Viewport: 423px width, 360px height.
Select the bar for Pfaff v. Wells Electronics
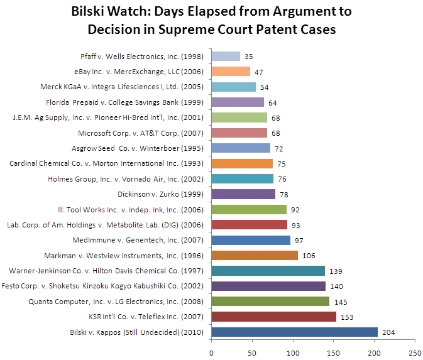pos(226,57)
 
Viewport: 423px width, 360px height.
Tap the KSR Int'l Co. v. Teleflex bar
pos(273,317)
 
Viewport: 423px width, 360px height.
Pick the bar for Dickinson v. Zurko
pos(243,194)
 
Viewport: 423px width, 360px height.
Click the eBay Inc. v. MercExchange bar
pos(231,72)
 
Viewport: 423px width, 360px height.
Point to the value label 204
pos(388,332)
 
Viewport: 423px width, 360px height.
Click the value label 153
pos(347,317)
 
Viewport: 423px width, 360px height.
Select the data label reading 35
pos(249,57)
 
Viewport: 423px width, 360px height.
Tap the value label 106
pos(309,255)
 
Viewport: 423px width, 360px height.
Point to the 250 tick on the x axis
pos(415,351)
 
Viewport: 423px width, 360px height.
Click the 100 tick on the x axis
pos(293,351)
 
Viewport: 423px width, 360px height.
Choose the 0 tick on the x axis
pos(212,351)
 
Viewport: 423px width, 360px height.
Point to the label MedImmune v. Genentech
pos(148,240)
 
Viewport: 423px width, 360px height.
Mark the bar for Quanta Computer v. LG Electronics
pos(270,301)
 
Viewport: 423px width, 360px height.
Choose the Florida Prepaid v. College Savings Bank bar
pos(238,102)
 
